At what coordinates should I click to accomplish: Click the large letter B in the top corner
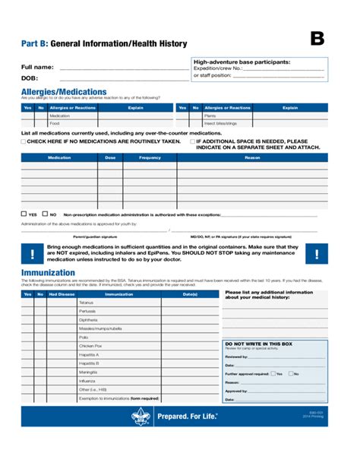pyautogui.click(x=317, y=40)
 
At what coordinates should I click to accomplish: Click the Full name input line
pyautogui.click(x=123, y=68)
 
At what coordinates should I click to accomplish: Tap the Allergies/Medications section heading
pyautogui.click(x=63, y=91)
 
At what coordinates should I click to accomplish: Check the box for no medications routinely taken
pyautogui.click(x=24, y=141)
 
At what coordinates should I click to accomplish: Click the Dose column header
pyautogui.click(x=110, y=157)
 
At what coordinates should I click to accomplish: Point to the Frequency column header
pyautogui.click(x=150, y=157)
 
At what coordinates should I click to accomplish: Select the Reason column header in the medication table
pyautogui.click(x=252, y=157)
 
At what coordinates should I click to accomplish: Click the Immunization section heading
pyautogui.click(x=48, y=273)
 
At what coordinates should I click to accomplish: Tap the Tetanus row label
pyautogui.click(x=87, y=303)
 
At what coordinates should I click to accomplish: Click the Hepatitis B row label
pyautogui.click(x=89, y=363)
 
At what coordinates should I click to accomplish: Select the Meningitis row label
pyautogui.click(x=88, y=372)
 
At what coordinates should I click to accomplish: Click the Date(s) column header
pyautogui.click(x=190, y=293)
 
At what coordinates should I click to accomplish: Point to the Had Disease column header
pyautogui.click(x=62, y=293)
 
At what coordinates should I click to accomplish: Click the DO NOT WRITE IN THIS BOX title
pyautogui.click(x=258, y=344)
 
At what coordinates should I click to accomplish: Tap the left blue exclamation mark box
pyautogui.click(x=32, y=254)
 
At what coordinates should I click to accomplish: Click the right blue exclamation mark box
pyautogui.click(x=317, y=254)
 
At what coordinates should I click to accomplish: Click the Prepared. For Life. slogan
pyautogui.click(x=187, y=417)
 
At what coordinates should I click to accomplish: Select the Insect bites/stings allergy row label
pyautogui.click(x=221, y=123)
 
